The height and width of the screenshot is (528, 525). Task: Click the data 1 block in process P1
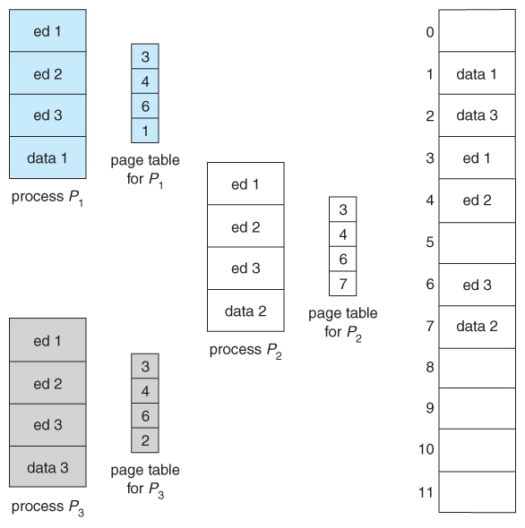click(x=47, y=158)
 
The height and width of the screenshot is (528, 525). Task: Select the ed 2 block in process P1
click(x=47, y=73)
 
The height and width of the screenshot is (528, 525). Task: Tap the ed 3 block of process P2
click(x=245, y=268)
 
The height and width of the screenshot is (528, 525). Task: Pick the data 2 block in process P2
click(x=245, y=311)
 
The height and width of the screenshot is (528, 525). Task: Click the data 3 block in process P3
click(x=47, y=466)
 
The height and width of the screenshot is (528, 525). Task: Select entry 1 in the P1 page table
click(x=144, y=130)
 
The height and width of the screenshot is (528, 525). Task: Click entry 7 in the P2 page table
click(x=342, y=283)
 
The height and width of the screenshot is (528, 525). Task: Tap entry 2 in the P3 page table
click(x=144, y=439)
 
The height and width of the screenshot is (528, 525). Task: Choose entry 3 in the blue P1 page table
click(x=144, y=55)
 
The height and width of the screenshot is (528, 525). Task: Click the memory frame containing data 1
click(x=476, y=74)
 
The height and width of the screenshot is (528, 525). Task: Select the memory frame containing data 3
click(x=476, y=115)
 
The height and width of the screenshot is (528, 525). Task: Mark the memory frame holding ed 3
click(x=476, y=285)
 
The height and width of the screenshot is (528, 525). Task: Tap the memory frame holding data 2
click(x=476, y=326)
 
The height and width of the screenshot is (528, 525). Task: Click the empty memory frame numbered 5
click(x=476, y=242)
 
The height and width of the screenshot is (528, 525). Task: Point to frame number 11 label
click(x=426, y=490)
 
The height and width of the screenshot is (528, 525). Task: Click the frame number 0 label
click(x=429, y=33)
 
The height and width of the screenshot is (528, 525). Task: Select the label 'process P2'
click(x=245, y=350)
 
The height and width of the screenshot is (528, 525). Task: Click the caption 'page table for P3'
click(x=144, y=478)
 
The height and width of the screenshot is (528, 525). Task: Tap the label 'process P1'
click(x=47, y=198)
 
